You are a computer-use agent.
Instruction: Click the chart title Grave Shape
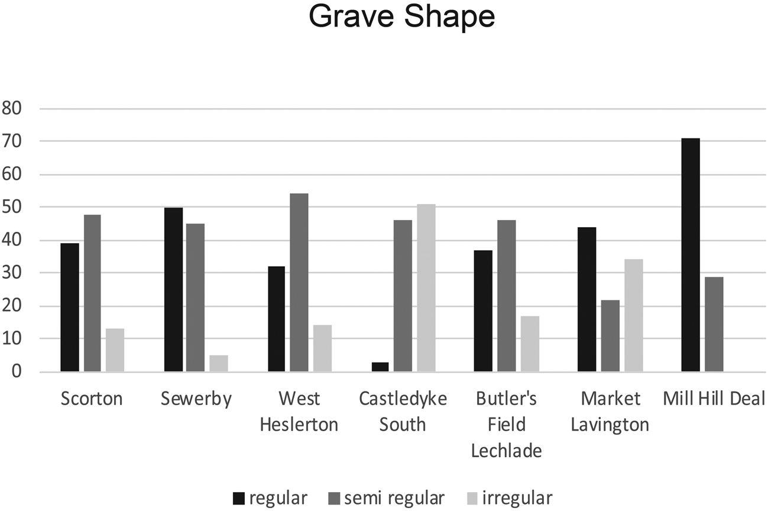tap(401, 18)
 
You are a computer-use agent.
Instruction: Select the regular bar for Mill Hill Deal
tap(691, 255)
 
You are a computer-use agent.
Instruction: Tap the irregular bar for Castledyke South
tap(426, 288)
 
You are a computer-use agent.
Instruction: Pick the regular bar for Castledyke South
tap(380, 367)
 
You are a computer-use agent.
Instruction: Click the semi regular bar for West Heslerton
tap(299, 283)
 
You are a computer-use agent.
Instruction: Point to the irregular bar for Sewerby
tap(218, 363)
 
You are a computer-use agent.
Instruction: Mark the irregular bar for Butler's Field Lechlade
tap(530, 344)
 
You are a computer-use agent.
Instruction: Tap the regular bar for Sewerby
tap(173, 290)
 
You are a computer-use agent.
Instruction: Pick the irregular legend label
tap(518, 498)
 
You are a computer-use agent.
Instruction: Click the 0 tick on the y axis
tap(16, 372)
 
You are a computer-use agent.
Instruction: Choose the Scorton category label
tap(92, 399)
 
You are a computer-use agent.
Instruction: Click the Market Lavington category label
tap(610, 412)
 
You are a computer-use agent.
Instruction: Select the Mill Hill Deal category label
tap(714, 399)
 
